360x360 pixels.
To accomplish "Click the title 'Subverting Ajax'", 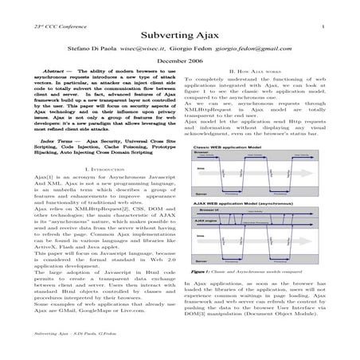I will pos(179,37).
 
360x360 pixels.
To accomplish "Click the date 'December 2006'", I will pos(179,61).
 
